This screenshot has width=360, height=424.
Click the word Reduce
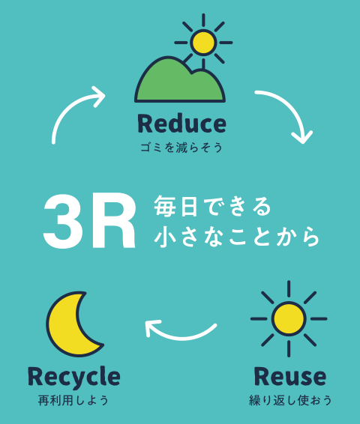(x=181, y=124)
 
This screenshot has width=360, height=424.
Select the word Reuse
(x=290, y=376)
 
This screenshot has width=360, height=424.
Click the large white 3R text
(x=89, y=221)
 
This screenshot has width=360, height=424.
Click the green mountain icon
(x=180, y=79)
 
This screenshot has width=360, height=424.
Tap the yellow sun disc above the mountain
(x=203, y=43)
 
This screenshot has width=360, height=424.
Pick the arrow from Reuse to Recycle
(x=181, y=336)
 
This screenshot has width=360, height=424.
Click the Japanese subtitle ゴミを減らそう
(x=181, y=148)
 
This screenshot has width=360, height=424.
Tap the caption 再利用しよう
(x=73, y=401)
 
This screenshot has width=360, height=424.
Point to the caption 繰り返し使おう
(x=290, y=401)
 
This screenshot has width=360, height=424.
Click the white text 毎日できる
(x=212, y=207)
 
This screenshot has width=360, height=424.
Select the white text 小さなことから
(x=237, y=237)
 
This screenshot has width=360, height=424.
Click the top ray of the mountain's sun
(x=203, y=20)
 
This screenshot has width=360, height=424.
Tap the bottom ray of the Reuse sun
(x=289, y=349)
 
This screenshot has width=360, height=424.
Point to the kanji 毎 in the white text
(x=164, y=207)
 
